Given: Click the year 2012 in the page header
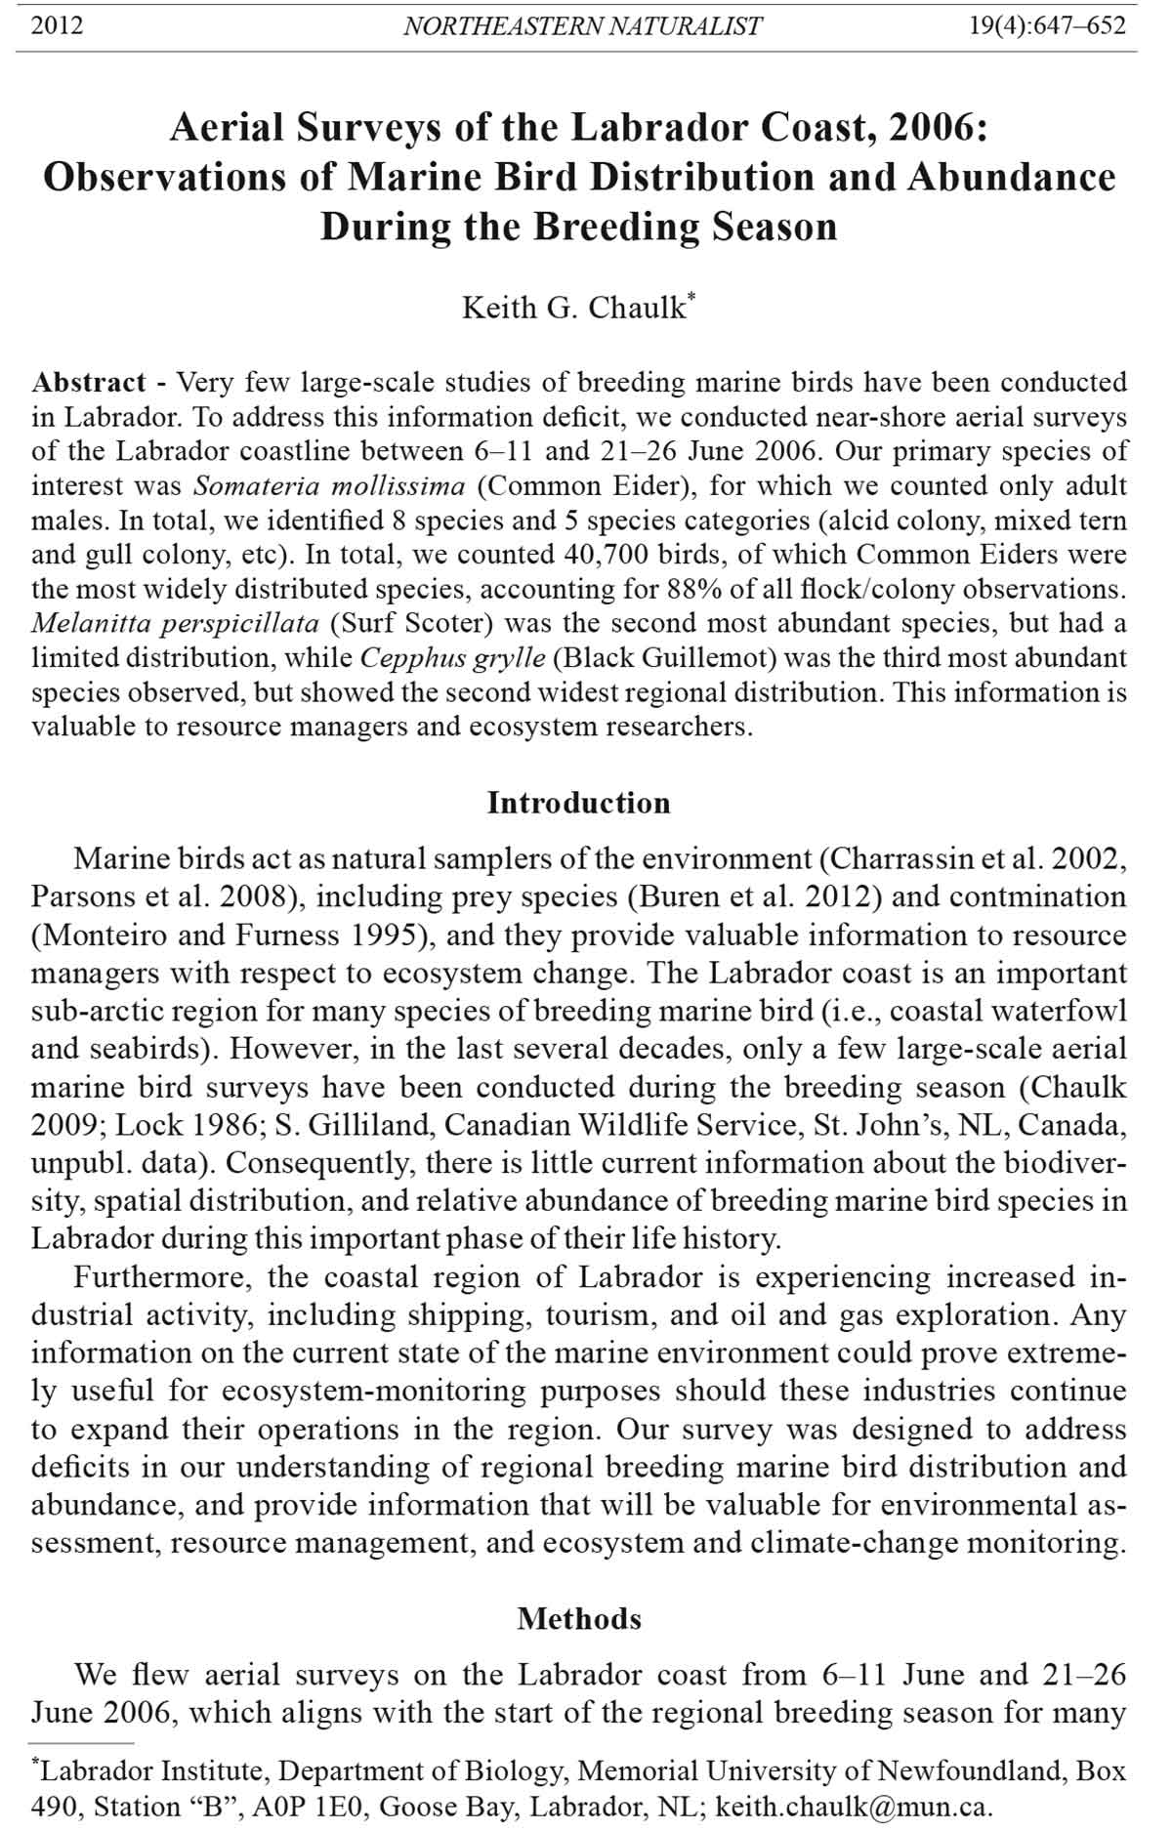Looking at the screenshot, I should point(57,25).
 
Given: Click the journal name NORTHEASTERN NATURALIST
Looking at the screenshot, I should point(582,26).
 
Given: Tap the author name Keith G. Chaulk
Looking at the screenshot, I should point(574,308).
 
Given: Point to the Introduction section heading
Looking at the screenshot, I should point(579,803).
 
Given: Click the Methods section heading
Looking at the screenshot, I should point(579,1619).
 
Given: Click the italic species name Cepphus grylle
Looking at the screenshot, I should point(452,658).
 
